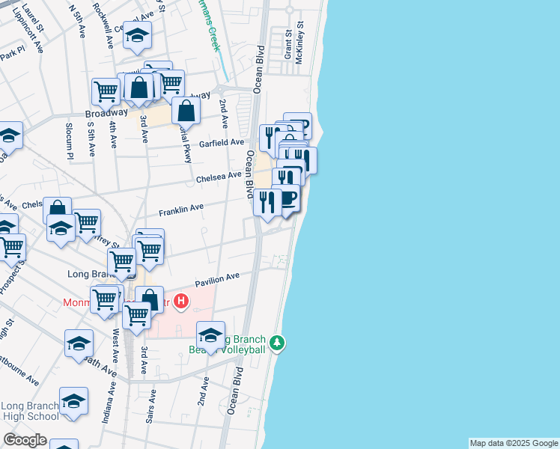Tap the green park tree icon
point(278,343)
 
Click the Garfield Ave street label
point(222,142)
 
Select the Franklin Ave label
point(180,208)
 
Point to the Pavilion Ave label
point(217,281)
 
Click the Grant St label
point(287,45)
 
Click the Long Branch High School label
point(31,412)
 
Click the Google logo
point(25,440)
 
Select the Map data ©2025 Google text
point(513,443)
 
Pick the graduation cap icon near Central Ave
point(137,34)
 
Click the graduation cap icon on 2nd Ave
point(211,335)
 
